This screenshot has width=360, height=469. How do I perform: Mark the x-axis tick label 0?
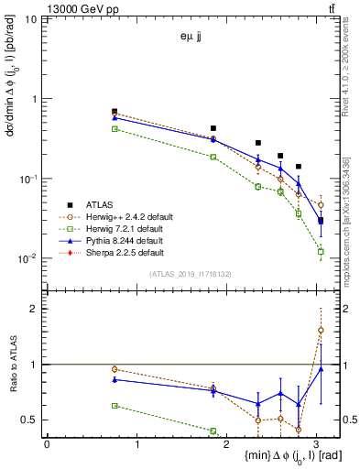coord(47,444)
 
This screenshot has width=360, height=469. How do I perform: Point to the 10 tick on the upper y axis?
coord(33,19)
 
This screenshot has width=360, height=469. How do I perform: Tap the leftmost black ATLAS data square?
coord(115,111)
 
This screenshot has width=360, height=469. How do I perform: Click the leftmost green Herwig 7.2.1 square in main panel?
coord(115,129)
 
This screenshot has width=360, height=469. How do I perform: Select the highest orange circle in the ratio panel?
coord(321,330)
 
